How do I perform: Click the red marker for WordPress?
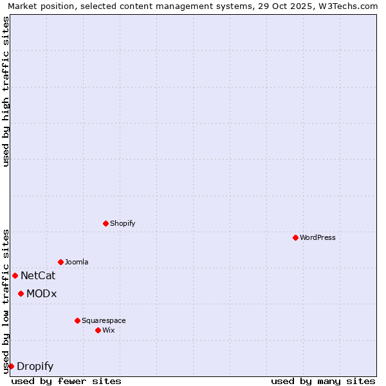click(x=295, y=237)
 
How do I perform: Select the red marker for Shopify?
click(x=106, y=223)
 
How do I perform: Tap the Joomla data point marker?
click(x=60, y=262)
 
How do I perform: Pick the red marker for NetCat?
click(x=15, y=275)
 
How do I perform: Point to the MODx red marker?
click(x=21, y=293)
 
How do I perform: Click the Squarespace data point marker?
click(x=77, y=320)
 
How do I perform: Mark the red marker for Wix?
click(x=98, y=330)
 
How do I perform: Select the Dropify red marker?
click(x=11, y=366)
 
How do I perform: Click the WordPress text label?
click(x=318, y=237)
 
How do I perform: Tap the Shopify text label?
click(x=123, y=223)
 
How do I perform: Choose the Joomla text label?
click(x=77, y=262)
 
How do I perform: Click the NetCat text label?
click(x=38, y=276)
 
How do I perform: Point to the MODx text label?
click(x=42, y=294)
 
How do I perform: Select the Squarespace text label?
click(x=104, y=320)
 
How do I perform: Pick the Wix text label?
click(x=109, y=330)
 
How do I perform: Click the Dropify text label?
click(x=35, y=367)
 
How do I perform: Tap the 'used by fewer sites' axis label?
click(x=66, y=381)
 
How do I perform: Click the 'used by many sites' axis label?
click(x=323, y=381)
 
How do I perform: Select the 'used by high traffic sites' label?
click(x=6, y=91)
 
